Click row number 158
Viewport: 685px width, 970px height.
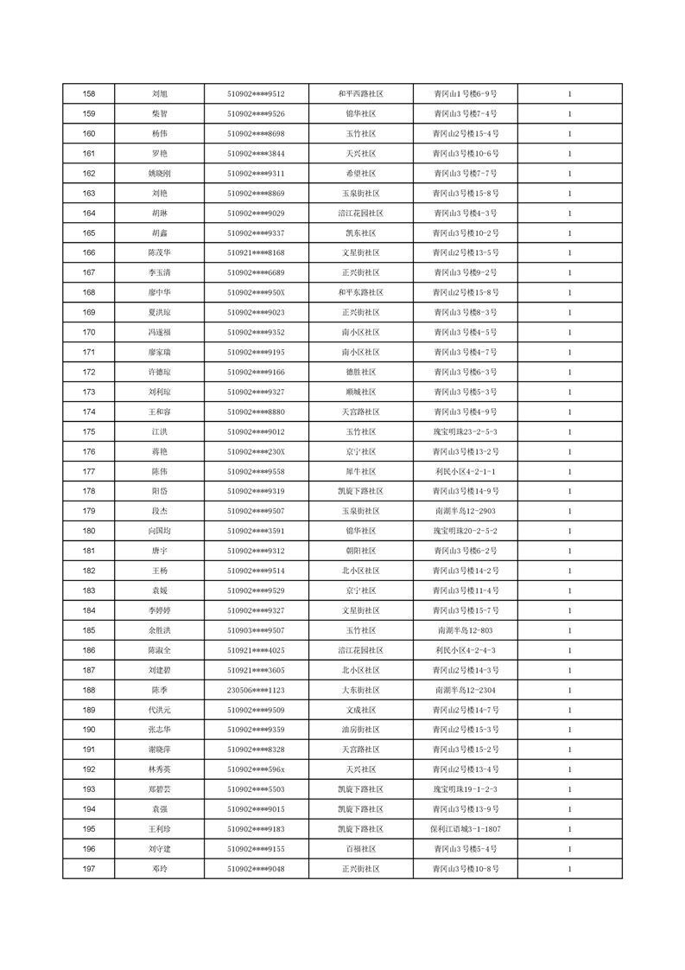(x=88, y=93)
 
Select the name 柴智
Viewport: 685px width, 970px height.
(x=159, y=113)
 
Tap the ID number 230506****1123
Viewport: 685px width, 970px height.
(x=256, y=690)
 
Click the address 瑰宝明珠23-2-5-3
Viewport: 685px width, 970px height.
(x=465, y=431)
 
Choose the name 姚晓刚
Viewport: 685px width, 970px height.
(x=159, y=173)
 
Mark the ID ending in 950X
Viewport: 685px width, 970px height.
(x=256, y=292)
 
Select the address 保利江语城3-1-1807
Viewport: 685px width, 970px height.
(x=465, y=829)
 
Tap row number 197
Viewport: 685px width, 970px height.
(x=88, y=869)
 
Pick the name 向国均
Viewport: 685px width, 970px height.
(x=159, y=531)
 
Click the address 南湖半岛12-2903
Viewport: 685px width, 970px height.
(x=465, y=511)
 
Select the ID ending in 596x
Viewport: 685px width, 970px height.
(x=256, y=769)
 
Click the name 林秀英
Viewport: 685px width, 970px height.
(x=159, y=769)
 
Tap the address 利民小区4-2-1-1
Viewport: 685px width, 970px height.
(x=465, y=471)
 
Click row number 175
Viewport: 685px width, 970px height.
(x=88, y=431)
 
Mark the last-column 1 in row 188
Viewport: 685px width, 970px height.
(x=569, y=690)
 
